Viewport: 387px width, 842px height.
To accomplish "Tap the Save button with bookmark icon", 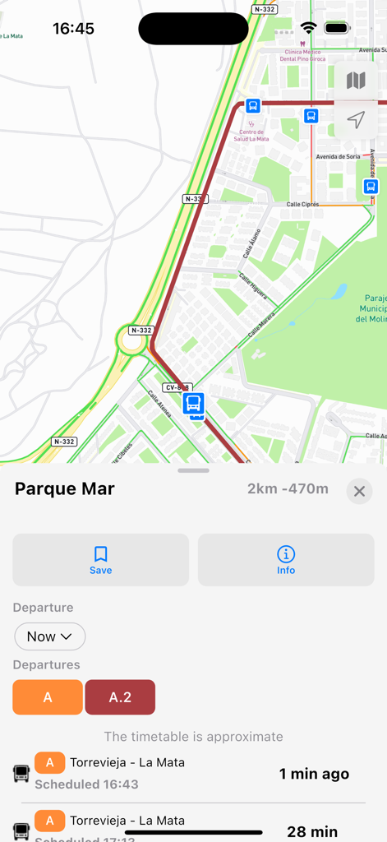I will pos(100,560).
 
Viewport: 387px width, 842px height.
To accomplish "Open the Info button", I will pos(285,560).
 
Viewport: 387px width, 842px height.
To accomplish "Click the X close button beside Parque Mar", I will pos(359,492).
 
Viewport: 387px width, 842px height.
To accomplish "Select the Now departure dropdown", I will pos(49,636).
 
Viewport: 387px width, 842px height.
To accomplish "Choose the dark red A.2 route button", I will pos(120,697).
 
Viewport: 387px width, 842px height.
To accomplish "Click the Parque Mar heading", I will pos(65,489).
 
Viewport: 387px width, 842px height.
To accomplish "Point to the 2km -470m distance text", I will pos(288,489).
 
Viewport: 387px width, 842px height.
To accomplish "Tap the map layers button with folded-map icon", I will pos(356,80).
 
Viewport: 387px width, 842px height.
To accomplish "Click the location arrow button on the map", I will pos(356,120).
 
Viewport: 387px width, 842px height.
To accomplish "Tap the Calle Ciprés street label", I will pos(302,204).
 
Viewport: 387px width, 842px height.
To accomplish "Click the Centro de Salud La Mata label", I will pos(253,135).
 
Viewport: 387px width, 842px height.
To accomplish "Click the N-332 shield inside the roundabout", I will pos(141,331).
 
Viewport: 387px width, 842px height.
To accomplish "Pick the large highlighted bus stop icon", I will pos(194,403).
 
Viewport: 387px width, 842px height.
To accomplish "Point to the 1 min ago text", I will pos(314,774).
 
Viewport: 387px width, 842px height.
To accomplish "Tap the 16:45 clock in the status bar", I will pos(73,29).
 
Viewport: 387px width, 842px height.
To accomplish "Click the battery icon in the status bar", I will pos(337,29).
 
